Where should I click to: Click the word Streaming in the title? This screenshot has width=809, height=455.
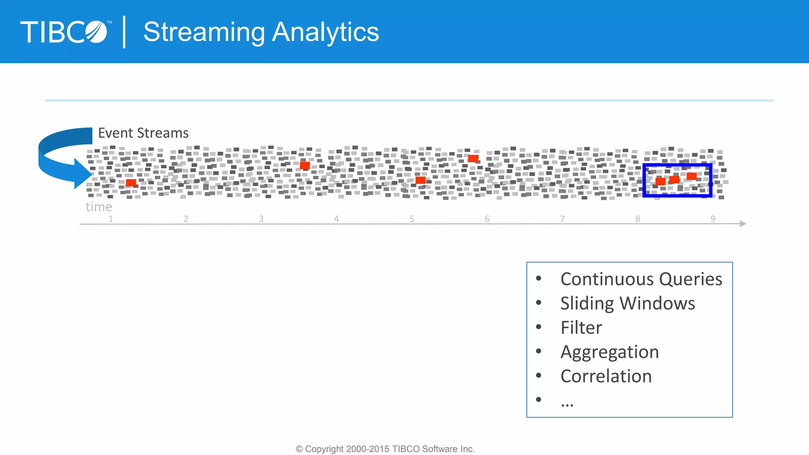coord(204,32)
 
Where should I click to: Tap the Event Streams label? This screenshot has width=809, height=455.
coord(143,133)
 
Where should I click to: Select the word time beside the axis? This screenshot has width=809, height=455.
coord(99,207)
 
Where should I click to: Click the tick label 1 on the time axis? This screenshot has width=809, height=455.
coord(111,219)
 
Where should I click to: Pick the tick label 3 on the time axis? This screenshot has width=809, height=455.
coord(261,219)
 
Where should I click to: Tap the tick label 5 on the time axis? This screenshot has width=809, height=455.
coord(412,219)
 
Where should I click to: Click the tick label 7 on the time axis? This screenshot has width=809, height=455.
coord(562,219)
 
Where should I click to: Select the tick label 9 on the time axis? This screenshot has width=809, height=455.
coord(713,219)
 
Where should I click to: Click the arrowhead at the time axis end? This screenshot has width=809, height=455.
coord(743,224)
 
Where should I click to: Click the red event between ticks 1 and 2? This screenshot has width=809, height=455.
coord(131,182)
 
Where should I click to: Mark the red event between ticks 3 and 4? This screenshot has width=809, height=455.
coord(305,165)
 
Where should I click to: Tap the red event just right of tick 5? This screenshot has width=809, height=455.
coord(420,180)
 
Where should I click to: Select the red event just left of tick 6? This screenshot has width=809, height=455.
coord(473,158)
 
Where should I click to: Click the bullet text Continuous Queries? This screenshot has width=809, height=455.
coord(641,279)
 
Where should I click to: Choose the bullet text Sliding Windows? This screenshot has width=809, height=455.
coord(627,303)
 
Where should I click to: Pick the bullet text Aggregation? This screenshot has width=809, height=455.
coord(610,352)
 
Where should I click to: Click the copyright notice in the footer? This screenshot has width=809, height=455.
coord(385,449)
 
